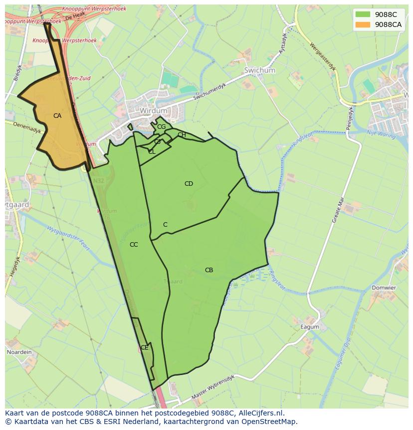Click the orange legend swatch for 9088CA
[363, 24]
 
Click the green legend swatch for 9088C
[363, 14]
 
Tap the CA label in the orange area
[57, 116]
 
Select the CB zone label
[209, 270]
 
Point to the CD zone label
[189, 184]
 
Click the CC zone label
[134, 245]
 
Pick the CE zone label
[144, 348]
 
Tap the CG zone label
[161, 127]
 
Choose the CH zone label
[182, 135]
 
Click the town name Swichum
[259, 71]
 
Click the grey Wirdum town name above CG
[153, 110]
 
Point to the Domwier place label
[384, 288]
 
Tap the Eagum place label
[309, 328]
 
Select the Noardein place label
[19, 352]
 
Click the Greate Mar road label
[338, 210]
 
